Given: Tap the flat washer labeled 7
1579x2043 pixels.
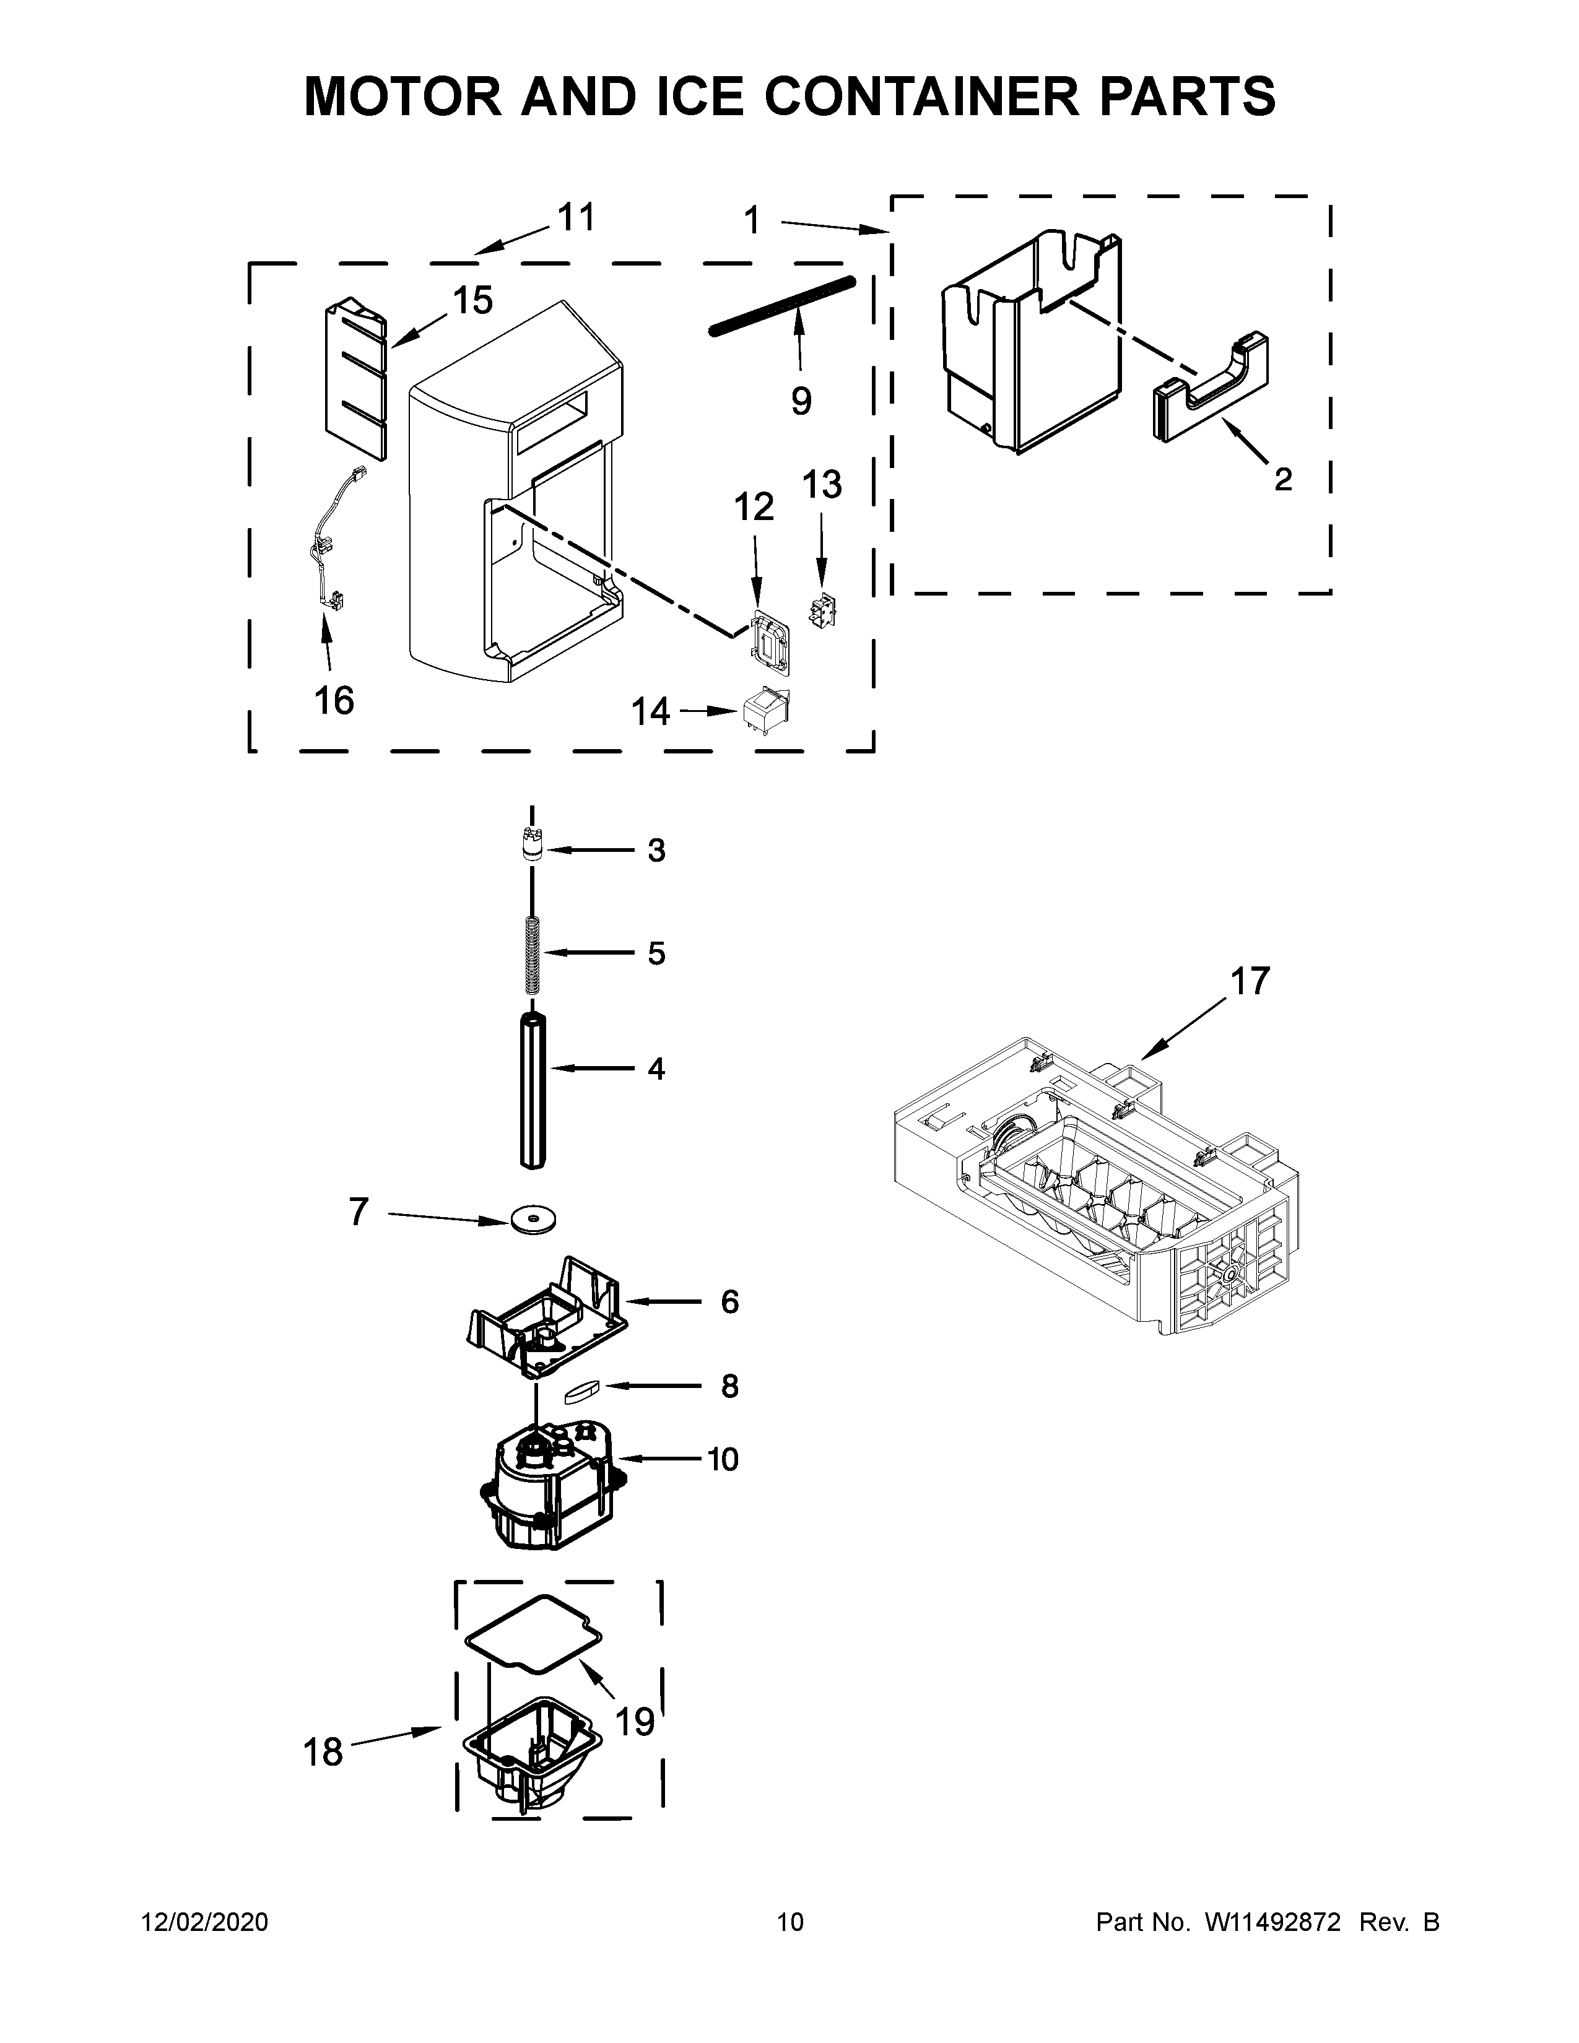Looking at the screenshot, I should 533,1220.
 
